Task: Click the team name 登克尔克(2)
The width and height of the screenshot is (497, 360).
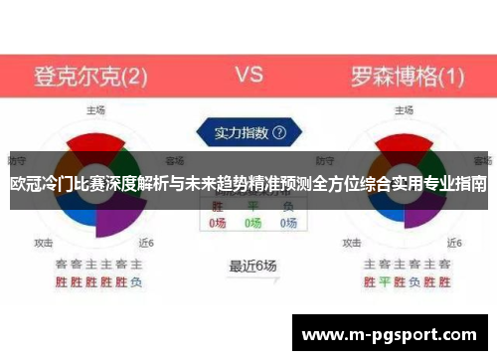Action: pos(91,76)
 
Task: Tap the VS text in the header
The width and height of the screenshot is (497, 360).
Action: pos(248,75)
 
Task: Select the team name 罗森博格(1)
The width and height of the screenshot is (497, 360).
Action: pos(408,76)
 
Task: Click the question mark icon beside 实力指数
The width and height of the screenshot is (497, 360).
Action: pos(279,131)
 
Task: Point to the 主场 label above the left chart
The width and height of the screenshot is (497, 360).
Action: pos(96,111)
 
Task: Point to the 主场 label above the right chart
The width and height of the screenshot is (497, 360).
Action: pos(405,111)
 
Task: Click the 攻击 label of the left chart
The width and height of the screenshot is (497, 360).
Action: pos(44,242)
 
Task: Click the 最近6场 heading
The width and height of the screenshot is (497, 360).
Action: pos(252,266)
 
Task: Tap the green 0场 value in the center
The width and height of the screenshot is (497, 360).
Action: pos(253,224)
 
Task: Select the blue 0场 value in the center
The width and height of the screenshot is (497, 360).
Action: pos(288,224)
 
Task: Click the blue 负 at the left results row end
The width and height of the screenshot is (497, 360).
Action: pos(136,281)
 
